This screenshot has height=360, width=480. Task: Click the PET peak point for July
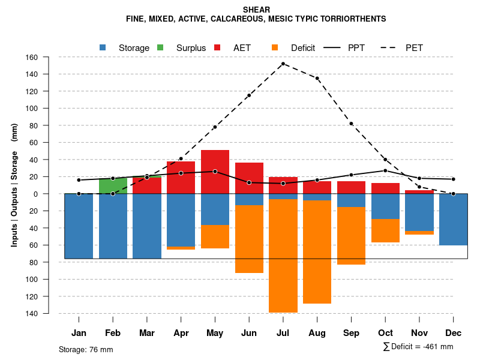[283, 64]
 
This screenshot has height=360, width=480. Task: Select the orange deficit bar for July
[283, 256]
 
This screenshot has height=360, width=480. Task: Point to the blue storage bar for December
[453, 220]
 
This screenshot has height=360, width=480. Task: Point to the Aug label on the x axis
[317, 333]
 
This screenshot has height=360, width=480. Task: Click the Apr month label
[181, 333]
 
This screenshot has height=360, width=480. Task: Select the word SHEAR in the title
[256, 10]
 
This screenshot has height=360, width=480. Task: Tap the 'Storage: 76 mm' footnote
[86, 349]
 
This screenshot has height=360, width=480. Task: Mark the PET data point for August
[317, 78]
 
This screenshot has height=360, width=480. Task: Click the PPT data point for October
[385, 170]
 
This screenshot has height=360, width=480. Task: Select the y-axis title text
[14, 185]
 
